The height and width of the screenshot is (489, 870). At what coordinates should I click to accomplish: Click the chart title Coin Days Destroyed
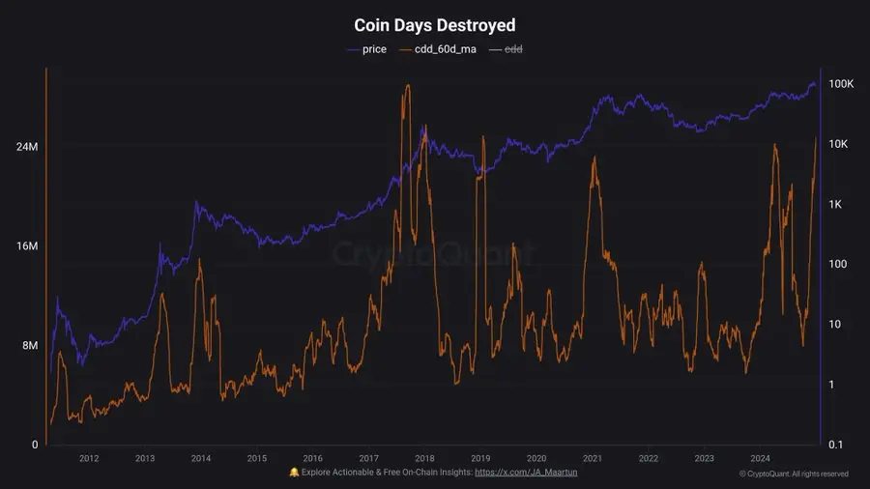tap(435, 25)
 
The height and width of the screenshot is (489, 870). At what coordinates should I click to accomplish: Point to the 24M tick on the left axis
tap(26, 147)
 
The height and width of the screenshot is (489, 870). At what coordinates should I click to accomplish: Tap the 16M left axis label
tap(26, 246)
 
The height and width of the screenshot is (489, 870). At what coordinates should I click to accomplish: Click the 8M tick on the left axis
tap(29, 346)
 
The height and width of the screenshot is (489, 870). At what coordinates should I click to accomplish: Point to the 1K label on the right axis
tap(837, 205)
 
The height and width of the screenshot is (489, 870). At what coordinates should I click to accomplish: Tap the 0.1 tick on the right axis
tap(836, 445)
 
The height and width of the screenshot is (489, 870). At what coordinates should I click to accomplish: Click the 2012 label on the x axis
tap(89, 458)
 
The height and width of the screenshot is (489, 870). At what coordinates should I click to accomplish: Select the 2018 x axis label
tap(424, 458)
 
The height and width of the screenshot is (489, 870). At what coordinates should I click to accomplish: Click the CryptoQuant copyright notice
tap(794, 474)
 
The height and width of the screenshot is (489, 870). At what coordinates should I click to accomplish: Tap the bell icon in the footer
tap(294, 472)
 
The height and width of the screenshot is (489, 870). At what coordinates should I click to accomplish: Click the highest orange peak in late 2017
tap(408, 86)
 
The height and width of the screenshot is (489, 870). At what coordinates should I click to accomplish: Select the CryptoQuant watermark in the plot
tap(434, 253)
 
